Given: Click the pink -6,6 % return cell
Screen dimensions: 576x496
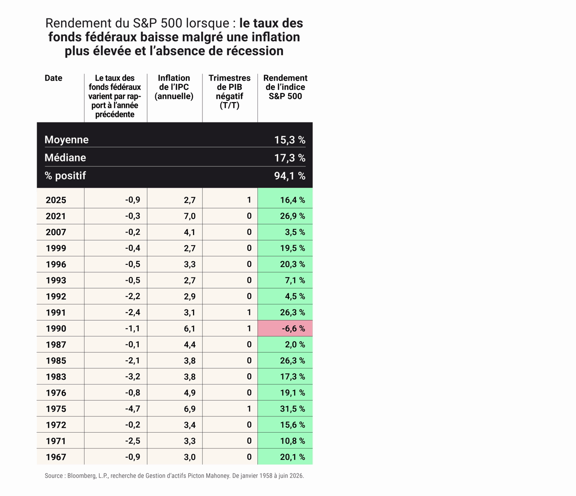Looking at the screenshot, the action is tap(285, 328).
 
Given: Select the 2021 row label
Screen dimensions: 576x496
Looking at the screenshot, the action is tap(56, 216).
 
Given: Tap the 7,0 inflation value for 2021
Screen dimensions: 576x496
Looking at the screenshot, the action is tap(189, 216).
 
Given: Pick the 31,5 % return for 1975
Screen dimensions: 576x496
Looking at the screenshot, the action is tap(292, 409).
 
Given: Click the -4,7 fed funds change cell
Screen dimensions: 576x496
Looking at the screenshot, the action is tap(133, 409).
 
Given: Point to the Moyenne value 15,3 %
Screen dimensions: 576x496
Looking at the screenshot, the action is tap(289, 140).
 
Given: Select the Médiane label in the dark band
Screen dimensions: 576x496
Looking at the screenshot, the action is tap(65, 158).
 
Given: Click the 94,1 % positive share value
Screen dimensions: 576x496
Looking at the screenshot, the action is tap(289, 176).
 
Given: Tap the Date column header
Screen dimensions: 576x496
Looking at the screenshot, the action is tap(53, 78).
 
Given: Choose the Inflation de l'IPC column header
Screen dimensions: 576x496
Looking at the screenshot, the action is tap(174, 87).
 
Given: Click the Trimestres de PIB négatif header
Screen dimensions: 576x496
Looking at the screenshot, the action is tap(229, 91).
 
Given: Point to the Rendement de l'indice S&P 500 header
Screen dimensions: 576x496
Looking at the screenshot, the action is tap(285, 87).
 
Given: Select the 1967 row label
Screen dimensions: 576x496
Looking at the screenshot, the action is tap(56, 457).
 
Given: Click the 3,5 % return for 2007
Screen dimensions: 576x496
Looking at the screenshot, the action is tap(295, 232).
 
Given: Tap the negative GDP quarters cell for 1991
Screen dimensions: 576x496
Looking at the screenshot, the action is tap(249, 313).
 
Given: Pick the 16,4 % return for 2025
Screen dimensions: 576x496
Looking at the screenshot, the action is tap(292, 200).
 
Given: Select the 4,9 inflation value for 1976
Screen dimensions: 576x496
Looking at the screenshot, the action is tap(189, 393).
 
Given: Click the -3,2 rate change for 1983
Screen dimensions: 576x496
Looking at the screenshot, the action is tap(133, 376).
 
